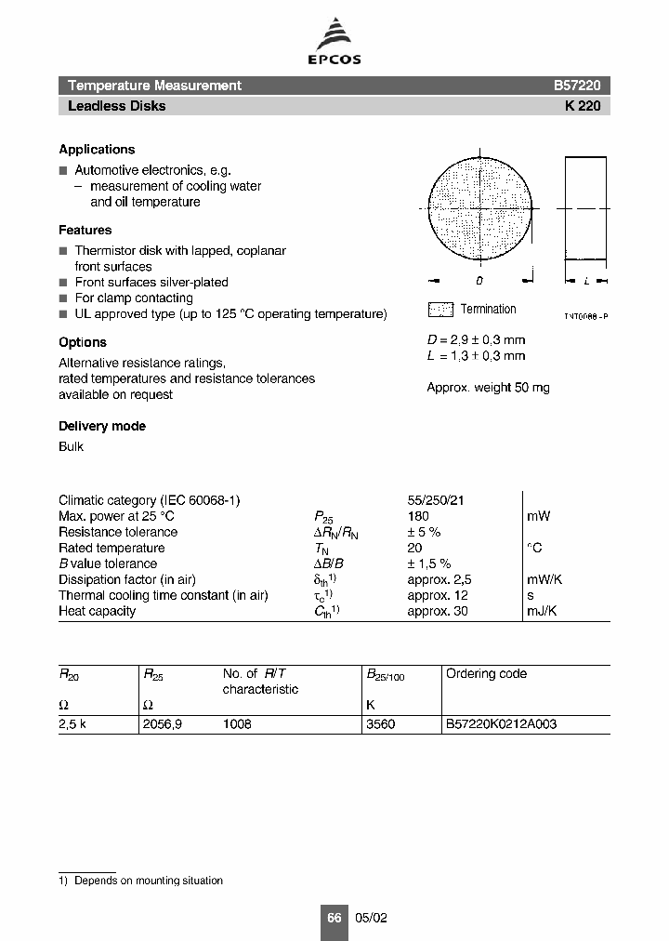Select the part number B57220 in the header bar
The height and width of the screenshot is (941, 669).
577,86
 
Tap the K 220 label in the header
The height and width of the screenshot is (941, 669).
583,106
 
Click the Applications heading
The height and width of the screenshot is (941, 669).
97,150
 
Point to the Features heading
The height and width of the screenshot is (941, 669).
85,231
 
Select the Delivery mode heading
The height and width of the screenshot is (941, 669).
102,427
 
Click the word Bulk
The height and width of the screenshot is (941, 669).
71,447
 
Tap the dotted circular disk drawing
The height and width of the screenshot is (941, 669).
479,209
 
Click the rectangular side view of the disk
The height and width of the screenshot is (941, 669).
585,209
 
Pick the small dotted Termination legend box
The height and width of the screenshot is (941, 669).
440,310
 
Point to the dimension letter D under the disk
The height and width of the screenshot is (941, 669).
479,280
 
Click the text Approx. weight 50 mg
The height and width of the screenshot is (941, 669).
488,388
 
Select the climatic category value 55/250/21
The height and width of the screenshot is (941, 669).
436,500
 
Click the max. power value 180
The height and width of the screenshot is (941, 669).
418,516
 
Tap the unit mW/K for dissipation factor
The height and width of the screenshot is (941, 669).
544,579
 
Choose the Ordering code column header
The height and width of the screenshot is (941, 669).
486,674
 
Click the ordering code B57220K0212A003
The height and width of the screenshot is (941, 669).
501,723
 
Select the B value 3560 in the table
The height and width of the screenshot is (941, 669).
381,723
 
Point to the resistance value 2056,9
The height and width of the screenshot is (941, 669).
162,723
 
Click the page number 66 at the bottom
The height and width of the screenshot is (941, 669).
334,918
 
